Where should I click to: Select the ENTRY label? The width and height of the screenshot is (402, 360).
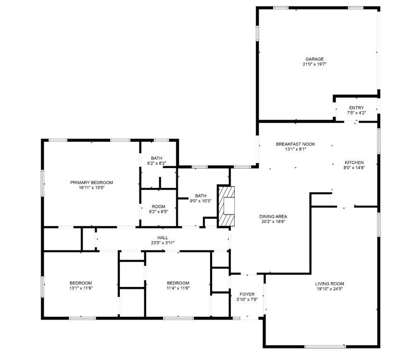356,108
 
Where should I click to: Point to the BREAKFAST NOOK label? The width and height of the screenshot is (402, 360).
295,144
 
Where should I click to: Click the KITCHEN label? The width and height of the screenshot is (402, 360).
354,162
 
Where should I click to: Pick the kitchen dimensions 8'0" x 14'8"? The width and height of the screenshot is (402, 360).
354,168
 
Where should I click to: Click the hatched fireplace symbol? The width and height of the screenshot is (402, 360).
227,206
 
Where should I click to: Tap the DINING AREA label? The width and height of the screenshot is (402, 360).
273,216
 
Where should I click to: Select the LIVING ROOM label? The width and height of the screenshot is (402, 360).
329,284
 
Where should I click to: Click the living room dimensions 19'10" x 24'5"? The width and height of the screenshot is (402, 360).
329,289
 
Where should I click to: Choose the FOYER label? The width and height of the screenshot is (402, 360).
247,294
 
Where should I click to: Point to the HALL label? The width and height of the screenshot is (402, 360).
163,237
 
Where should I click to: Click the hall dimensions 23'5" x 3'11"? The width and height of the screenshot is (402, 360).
163,243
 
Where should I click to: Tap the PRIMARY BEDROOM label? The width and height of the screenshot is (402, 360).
91,182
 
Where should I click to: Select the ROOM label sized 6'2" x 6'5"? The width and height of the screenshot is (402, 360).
158,207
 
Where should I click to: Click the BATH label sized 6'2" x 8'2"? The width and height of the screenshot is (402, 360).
157,158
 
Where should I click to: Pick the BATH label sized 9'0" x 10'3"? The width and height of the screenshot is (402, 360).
201,196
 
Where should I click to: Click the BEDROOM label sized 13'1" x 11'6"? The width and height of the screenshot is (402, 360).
81,283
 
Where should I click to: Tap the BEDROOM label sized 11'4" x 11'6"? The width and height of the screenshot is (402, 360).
178,283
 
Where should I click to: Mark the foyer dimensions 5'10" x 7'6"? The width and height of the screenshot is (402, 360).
247,299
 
